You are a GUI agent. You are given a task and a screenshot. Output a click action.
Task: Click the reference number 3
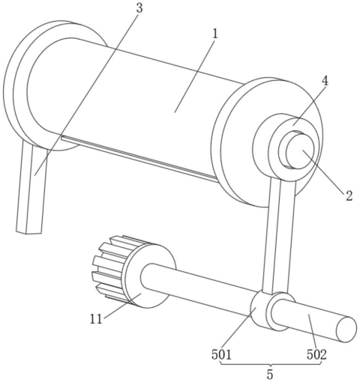pyautogui.click(x=139, y=8)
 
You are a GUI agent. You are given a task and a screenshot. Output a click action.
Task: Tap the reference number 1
pyautogui.click(x=215, y=34)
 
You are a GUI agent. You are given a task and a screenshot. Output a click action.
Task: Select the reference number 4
pyautogui.click(x=325, y=81)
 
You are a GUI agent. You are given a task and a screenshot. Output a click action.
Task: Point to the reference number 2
pyautogui.click(x=349, y=195)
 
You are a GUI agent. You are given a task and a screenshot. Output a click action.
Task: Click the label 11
pyautogui.click(x=96, y=319)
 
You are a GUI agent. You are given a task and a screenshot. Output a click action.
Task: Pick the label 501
pyautogui.click(x=222, y=354)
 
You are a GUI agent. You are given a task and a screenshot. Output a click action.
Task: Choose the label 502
pyautogui.click(x=316, y=354)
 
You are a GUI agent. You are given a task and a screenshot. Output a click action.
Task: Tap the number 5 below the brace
pyautogui.click(x=270, y=375)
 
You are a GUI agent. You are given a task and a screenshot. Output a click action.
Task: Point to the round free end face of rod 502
pyautogui.click(x=346, y=329)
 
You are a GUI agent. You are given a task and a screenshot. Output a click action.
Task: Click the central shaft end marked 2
pyautogui.click(x=300, y=151)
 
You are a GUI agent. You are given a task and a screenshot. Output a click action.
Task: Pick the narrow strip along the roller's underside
pyautogui.click(x=139, y=158)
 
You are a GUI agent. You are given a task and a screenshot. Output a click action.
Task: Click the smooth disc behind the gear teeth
pyautogui.click(x=149, y=276)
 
